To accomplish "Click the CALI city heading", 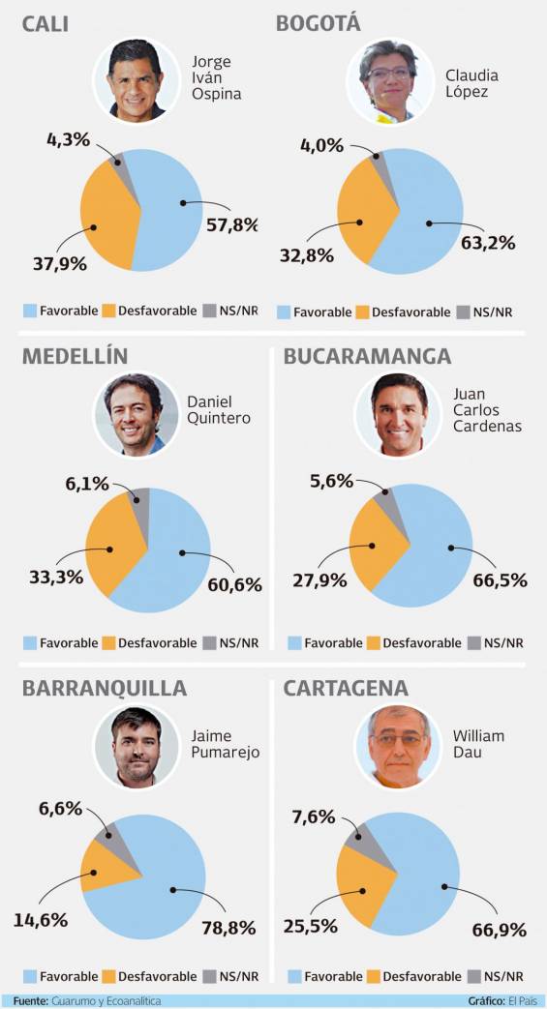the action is (x=46, y=24).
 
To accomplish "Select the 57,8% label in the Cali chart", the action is (x=232, y=225).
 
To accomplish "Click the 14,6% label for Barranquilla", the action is (x=41, y=920).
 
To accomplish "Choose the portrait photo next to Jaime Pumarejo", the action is (x=136, y=747).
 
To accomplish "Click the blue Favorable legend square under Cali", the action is (x=30, y=311).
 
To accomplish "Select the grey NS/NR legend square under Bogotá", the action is (x=462, y=312).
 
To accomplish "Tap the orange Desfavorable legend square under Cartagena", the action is (x=374, y=976).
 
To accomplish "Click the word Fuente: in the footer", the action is (x=30, y=1001).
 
